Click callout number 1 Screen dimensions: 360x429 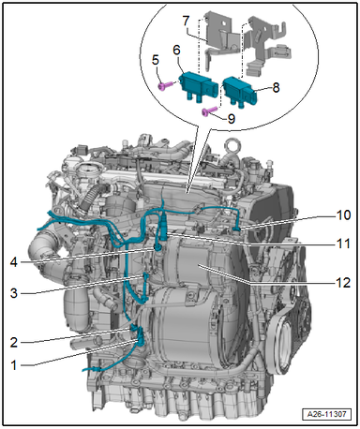[x=13, y=364]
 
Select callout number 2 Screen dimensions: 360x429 [x=14, y=343]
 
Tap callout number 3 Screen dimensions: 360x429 [x=14, y=293]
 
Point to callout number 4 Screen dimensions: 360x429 [x=14, y=262]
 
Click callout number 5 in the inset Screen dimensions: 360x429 [x=156, y=60]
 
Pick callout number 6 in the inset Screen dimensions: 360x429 [x=177, y=50]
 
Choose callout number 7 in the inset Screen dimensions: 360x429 [x=186, y=21]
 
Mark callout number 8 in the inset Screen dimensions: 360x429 [x=276, y=87]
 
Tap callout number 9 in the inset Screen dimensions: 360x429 [x=232, y=119]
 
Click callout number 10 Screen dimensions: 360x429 [x=344, y=215]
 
